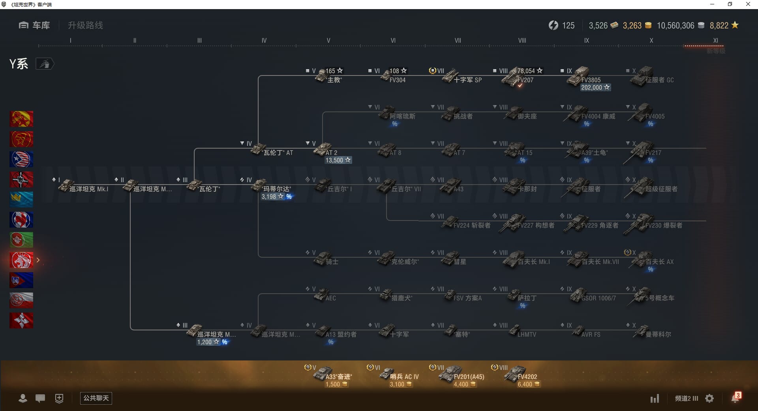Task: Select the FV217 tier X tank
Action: pos(644,151)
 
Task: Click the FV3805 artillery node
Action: pos(580,77)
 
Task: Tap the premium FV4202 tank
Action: pos(517,374)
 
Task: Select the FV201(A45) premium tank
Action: pos(454,374)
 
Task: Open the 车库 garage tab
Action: pos(34,25)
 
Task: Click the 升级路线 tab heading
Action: pos(85,25)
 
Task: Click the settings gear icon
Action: pos(709,398)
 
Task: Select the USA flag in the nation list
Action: pos(21,159)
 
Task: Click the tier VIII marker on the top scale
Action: pos(522,40)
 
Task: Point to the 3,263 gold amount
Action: pos(632,26)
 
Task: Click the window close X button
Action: pos(748,4)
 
